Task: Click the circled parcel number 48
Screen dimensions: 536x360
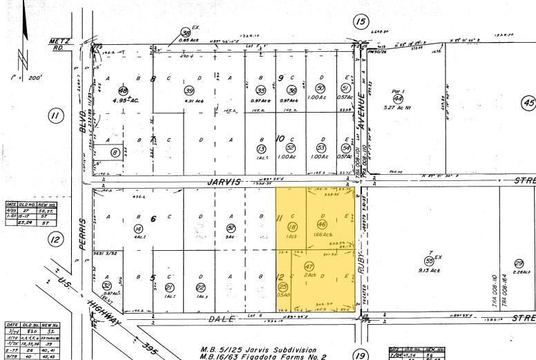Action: click(124, 91)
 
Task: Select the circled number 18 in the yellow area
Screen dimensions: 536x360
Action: click(292, 207)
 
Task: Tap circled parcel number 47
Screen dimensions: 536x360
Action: click(309, 266)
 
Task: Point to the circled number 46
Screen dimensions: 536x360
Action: click(321, 205)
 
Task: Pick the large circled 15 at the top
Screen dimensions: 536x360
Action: click(361, 22)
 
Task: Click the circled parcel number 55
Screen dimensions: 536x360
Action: click(429, 260)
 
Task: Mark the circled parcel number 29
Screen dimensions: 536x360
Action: click(518, 263)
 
